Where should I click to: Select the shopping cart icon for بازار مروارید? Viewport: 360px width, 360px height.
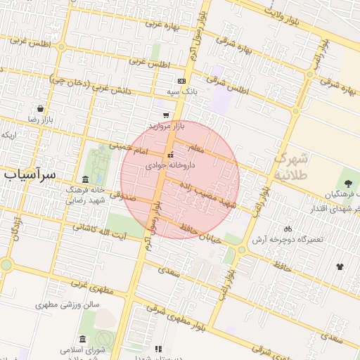[166, 115]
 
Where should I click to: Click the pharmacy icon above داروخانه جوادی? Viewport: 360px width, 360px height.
[170, 155]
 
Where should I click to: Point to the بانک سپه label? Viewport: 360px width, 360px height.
[179, 92]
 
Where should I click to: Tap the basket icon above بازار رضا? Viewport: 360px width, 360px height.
[41, 109]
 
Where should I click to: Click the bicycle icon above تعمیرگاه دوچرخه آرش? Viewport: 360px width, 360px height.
[287, 229]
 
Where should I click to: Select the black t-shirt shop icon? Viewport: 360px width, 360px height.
[340, 266]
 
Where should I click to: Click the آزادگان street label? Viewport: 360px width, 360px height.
[15, 228]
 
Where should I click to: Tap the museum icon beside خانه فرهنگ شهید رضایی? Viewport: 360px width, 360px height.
[86, 179]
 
